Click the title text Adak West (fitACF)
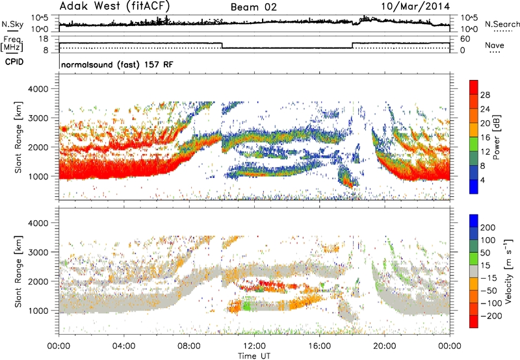click(115, 6)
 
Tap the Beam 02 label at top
click(253, 7)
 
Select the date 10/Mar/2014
click(415, 6)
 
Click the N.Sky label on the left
click(12, 24)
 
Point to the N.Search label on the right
click(502, 24)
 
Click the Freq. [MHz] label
click(12, 44)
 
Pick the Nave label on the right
click(495, 45)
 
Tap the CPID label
click(14, 62)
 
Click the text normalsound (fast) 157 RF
click(117, 64)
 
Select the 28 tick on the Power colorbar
click(485, 95)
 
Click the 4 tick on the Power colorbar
click(483, 181)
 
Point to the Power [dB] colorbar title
click(497, 137)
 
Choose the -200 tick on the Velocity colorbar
click(491, 316)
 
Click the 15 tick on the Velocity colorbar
click(485, 266)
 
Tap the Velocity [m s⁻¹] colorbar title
click(508, 271)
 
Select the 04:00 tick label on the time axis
click(124, 346)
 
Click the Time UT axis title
click(254, 356)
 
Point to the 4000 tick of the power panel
click(38, 89)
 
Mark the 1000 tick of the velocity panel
click(38, 311)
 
